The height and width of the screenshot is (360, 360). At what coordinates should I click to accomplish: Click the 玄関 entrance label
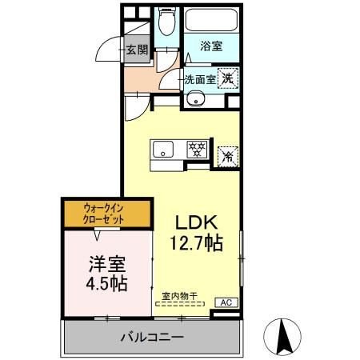137,50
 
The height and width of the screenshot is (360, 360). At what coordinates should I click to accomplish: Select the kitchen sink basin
163,148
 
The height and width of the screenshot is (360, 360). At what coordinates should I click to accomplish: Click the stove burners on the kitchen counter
197,148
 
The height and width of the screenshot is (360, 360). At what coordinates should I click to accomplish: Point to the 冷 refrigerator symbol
227,154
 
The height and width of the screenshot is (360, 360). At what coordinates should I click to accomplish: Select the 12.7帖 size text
197,241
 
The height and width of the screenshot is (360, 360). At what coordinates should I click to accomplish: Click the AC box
226,303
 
